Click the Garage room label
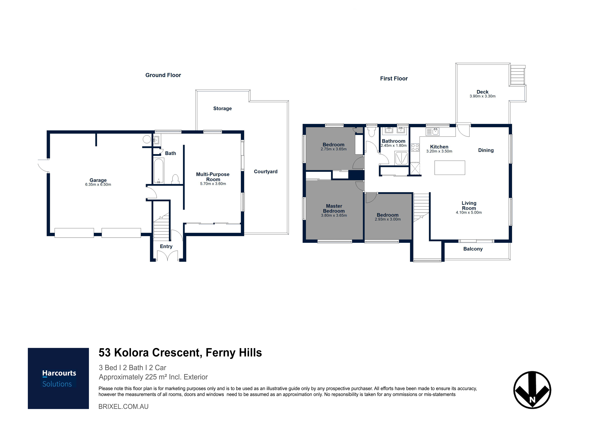(98, 180)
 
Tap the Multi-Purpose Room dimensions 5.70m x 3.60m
(213, 184)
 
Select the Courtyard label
(265, 172)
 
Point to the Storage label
(222, 108)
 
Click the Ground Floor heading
(163, 75)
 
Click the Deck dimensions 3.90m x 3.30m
(483, 96)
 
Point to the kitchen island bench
(450, 168)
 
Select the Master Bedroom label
(334, 208)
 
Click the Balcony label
(473, 249)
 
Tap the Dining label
(486, 150)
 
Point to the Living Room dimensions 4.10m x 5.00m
(469, 212)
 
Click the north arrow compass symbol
(532, 390)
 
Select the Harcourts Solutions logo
(58, 378)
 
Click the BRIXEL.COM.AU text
(123, 407)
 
